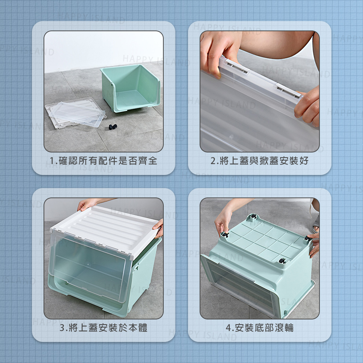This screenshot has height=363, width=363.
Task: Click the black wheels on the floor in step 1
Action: tap(113, 127)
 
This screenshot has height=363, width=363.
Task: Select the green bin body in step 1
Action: tap(130, 88)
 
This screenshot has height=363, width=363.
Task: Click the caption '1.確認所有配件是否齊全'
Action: tap(103, 161)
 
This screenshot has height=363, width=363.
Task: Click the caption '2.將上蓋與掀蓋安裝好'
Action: tap(259, 161)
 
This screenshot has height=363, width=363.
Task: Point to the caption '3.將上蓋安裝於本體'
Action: tap(103, 328)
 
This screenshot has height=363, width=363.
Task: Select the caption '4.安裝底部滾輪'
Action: tap(260, 328)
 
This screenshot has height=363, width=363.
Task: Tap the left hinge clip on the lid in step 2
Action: tap(236, 66)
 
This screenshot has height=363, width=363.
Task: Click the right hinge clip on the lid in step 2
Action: tap(288, 90)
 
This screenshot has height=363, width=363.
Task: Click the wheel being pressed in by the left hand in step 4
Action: tap(225, 235)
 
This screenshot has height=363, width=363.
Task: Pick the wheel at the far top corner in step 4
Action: tap(254, 216)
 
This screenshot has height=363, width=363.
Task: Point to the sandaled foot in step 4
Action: tap(316, 226)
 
